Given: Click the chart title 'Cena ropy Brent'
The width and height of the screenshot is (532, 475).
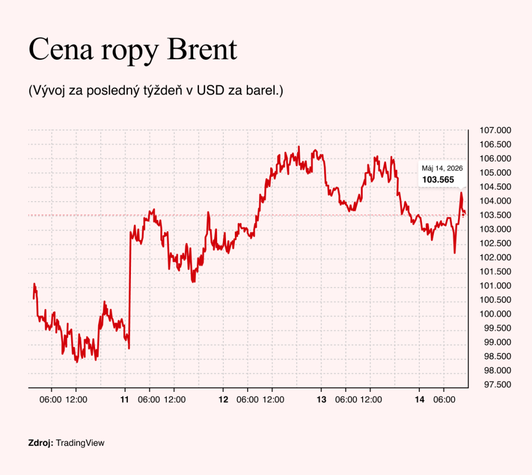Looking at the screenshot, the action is (x=133, y=49).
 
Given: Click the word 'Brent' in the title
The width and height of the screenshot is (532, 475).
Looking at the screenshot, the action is (x=202, y=49).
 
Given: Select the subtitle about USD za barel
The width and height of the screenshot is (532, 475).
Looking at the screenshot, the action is (x=156, y=90).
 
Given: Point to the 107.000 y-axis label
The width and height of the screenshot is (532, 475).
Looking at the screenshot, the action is (x=495, y=130).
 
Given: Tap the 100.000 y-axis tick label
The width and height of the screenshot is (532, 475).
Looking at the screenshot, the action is (x=495, y=314).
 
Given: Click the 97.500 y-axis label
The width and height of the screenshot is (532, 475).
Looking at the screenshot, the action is (x=497, y=385).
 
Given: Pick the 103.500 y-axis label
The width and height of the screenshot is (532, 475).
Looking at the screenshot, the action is (x=495, y=215).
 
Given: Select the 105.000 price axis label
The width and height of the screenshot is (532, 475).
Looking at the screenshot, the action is (x=495, y=173).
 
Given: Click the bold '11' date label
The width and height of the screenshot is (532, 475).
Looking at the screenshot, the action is (x=125, y=400).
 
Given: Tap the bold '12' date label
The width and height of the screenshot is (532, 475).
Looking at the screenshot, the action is (x=223, y=400).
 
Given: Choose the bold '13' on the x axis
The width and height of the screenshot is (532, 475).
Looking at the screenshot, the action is (x=321, y=400).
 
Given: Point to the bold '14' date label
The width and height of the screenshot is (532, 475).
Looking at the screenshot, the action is (x=420, y=400).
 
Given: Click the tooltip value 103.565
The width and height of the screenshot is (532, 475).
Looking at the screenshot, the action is (x=438, y=180).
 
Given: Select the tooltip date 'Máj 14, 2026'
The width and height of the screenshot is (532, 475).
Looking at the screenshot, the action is (x=442, y=168).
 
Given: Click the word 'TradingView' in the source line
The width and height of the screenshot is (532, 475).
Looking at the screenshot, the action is (x=80, y=443).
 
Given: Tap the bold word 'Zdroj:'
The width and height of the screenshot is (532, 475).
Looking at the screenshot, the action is (x=41, y=443).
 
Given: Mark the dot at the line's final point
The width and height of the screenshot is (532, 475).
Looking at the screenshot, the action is (x=463, y=215).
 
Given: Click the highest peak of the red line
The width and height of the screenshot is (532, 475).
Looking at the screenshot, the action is (x=299, y=147).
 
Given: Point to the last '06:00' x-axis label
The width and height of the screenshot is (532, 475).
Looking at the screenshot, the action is (x=444, y=400).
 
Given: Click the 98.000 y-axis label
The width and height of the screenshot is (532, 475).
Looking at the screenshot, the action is (x=497, y=371).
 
